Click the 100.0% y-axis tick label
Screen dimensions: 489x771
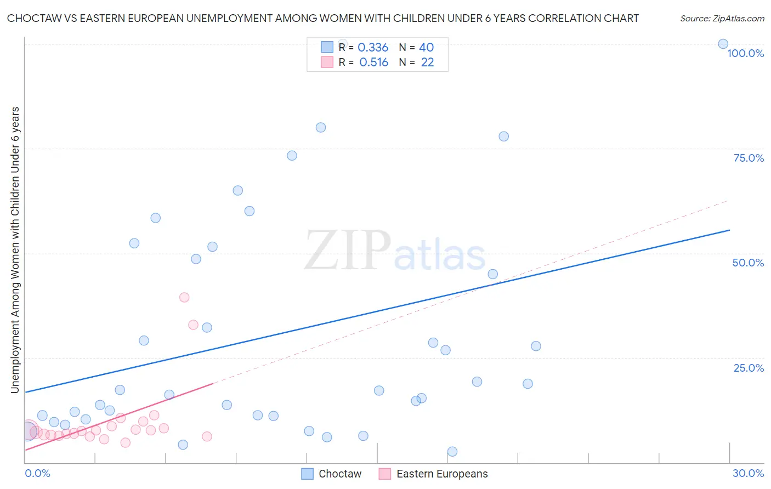(745, 53)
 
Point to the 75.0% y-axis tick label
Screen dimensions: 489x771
(749, 158)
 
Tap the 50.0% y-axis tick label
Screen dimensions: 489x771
(748, 263)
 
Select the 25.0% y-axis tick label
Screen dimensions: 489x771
(749, 367)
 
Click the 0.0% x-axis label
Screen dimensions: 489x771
(37, 473)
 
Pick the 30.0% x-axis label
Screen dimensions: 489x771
(748, 473)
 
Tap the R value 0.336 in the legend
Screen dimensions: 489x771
(373, 48)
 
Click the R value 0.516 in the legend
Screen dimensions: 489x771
(373, 62)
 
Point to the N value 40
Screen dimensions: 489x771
(426, 48)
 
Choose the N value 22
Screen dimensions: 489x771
(427, 62)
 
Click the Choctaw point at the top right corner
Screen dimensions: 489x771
(723, 44)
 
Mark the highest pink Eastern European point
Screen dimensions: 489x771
(184, 297)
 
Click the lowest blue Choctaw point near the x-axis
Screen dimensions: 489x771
(452, 452)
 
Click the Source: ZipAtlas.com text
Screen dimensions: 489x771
(722, 18)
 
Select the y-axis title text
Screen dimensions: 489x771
(15, 249)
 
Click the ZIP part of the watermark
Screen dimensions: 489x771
(347, 251)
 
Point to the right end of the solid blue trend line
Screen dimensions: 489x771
(729, 230)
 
